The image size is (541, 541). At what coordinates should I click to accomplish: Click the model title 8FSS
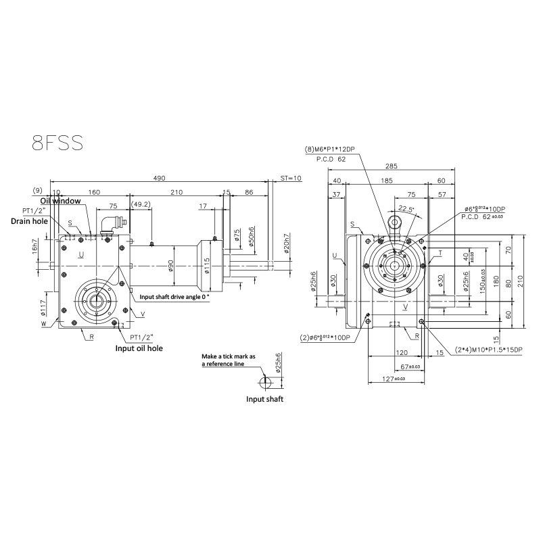tap(57, 143)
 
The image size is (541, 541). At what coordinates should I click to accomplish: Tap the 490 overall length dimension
tap(159, 179)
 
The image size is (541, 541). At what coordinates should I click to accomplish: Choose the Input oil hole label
tap(138, 348)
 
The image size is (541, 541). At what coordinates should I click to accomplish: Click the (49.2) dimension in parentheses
tap(141, 205)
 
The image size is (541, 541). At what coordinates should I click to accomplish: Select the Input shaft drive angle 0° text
tap(174, 297)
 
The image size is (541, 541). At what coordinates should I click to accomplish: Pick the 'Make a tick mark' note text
tap(230, 360)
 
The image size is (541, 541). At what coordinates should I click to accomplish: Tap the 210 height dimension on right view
tap(520, 281)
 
